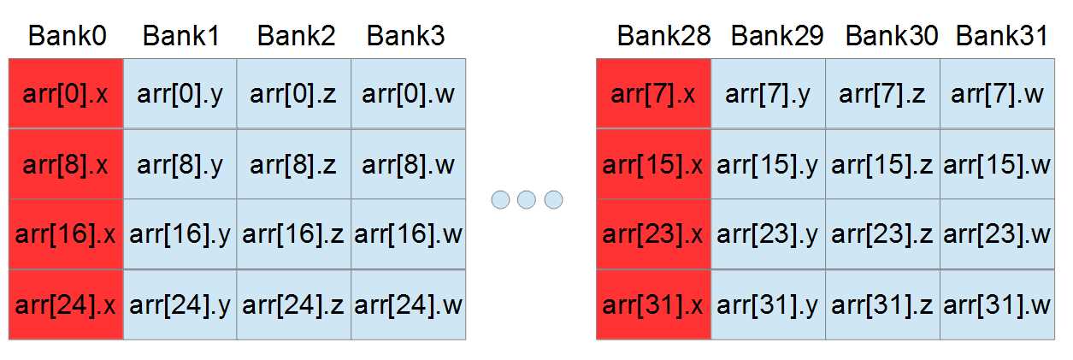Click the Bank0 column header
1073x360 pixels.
(x=67, y=36)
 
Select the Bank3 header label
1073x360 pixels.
(x=405, y=36)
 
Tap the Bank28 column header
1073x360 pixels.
(x=663, y=36)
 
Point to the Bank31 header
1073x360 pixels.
(x=1002, y=36)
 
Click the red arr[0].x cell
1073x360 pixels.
(x=67, y=93)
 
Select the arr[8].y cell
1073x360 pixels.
(x=180, y=164)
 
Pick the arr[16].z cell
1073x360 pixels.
(x=293, y=234)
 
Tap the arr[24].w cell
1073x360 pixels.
(x=408, y=304)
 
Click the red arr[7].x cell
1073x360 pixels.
(x=653, y=93)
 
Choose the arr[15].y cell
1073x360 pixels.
(x=768, y=164)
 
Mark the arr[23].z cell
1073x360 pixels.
(x=882, y=234)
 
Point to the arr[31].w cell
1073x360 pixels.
(x=998, y=304)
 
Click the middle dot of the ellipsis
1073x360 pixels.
(x=527, y=200)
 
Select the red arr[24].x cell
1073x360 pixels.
(x=67, y=304)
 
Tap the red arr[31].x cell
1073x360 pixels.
(x=653, y=304)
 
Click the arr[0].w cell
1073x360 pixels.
(x=408, y=93)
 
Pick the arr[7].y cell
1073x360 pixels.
(x=768, y=93)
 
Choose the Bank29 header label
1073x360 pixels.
(x=777, y=36)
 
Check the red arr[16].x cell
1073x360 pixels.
(x=67, y=234)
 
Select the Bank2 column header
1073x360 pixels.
(x=296, y=36)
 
